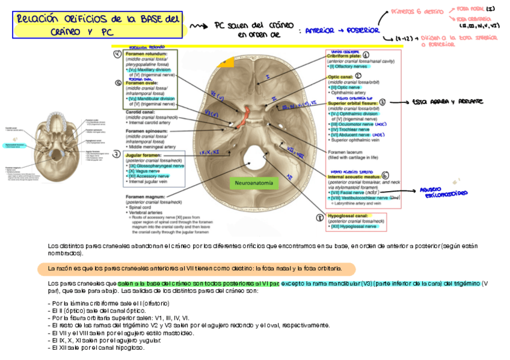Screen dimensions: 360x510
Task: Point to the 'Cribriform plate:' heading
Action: tap(344, 56)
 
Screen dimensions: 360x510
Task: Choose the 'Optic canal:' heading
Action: tap(340, 77)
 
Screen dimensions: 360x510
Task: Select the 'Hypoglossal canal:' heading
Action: tap(348, 216)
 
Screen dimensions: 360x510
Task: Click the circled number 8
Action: tap(320, 218)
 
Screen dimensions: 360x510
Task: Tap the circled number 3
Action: tap(382, 103)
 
